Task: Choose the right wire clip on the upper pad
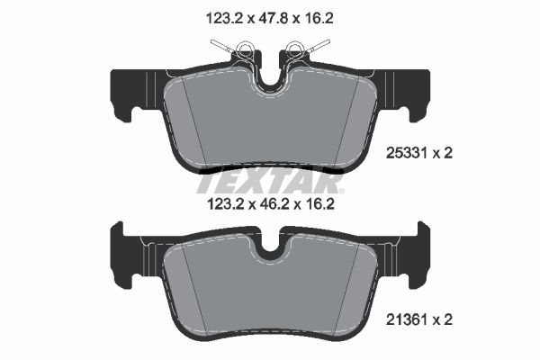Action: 306,49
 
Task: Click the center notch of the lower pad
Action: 269,249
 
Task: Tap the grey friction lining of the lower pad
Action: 269,292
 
